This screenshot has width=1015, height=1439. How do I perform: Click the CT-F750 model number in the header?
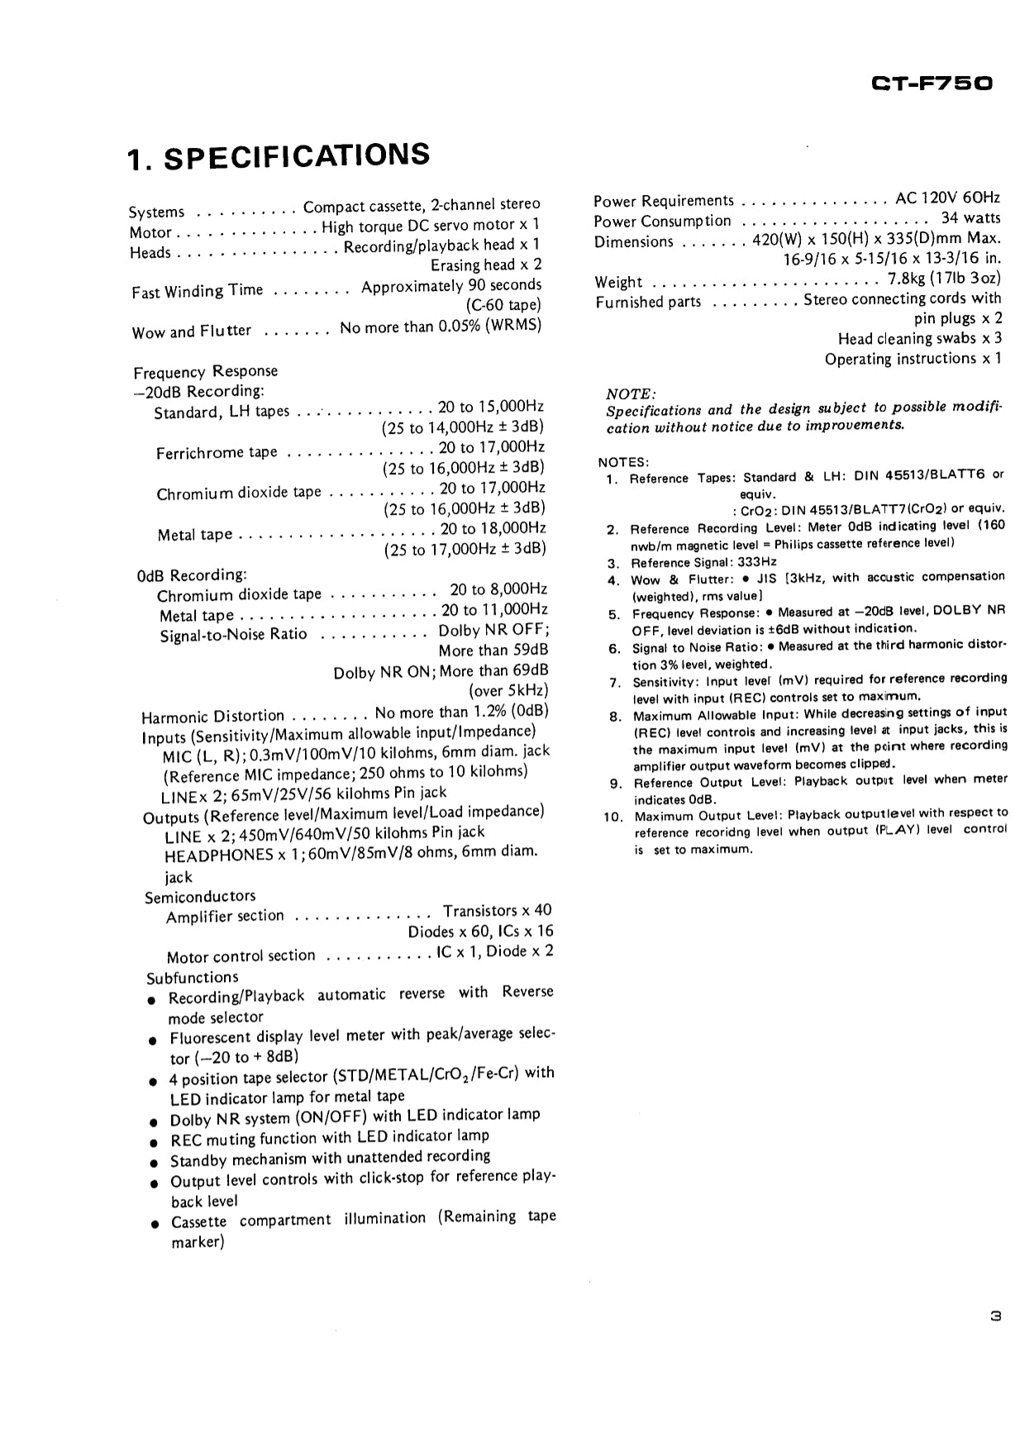click(932, 83)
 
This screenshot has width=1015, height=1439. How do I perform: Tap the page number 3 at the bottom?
click(995, 1316)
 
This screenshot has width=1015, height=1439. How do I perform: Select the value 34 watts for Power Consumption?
click(970, 219)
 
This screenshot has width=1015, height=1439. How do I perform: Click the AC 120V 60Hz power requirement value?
click(947, 198)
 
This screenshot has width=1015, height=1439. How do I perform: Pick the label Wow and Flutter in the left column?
click(191, 331)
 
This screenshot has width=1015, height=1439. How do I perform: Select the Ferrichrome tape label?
click(217, 453)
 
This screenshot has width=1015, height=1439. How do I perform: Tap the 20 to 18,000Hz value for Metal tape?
click(493, 529)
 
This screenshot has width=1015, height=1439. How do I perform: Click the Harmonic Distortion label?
click(212, 716)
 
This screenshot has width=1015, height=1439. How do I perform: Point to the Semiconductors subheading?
click(200, 897)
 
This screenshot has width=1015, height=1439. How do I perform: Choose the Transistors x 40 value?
click(497, 911)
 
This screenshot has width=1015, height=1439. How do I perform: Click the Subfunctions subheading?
click(193, 978)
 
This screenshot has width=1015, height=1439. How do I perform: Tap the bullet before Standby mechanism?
click(153, 1162)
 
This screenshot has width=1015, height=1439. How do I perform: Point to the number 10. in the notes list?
click(612, 817)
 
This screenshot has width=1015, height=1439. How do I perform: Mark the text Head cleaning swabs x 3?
click(919, 339)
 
